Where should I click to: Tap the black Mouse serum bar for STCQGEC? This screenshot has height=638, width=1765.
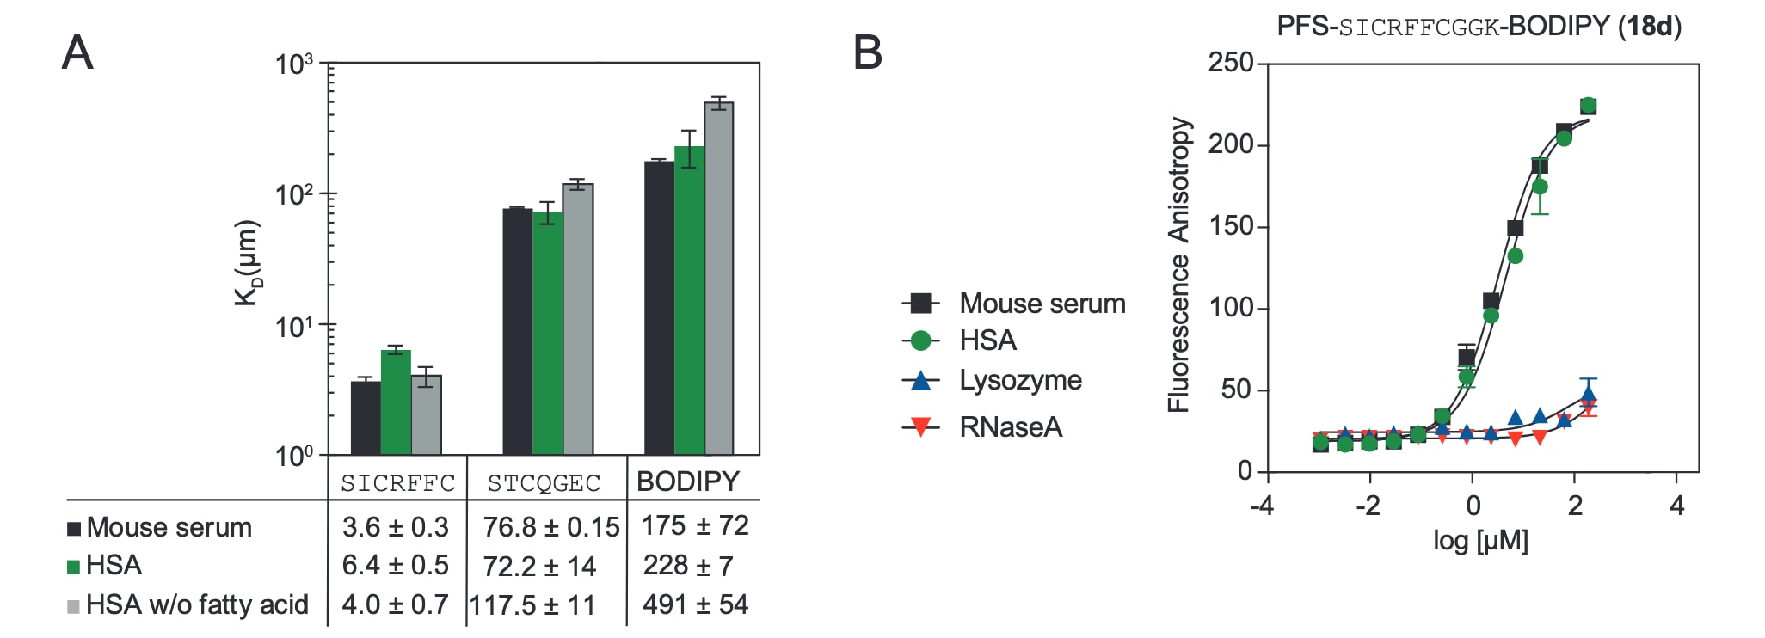click(x=518, y=331)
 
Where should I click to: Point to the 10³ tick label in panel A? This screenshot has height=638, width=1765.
click(x=294, y=64)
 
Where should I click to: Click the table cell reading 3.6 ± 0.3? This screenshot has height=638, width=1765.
click(x=396, y=527)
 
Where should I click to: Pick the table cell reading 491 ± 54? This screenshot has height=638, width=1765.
click(x=695, y=604)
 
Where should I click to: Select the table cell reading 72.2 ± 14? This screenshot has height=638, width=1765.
click(x=539, y=567)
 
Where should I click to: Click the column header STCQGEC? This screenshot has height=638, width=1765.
click(x=544, y=483)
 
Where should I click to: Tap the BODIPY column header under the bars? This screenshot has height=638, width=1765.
click(x=688, y=482)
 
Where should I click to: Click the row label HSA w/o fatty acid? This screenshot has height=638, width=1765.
click(x=197, y=604)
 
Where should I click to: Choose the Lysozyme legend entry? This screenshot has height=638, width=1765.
click(x=1020, y=380)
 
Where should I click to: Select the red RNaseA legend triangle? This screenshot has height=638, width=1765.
click(x=921, y=426)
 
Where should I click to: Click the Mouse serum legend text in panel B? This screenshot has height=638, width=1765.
click(x=1042, y=304)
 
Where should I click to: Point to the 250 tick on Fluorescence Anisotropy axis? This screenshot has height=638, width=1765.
click(x=1231, y=63)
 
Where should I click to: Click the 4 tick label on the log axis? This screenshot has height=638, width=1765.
click(x=1676, y=506)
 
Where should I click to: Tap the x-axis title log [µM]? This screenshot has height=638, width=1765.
click(x=1480, y=541)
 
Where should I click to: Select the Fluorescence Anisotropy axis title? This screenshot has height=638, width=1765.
click(x=1179, y=265)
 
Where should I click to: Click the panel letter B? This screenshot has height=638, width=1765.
click(x=867, y=52)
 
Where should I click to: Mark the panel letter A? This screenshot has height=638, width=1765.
click(x=77, y=53)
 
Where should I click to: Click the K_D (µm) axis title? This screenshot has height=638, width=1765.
click(x=248, y=263)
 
